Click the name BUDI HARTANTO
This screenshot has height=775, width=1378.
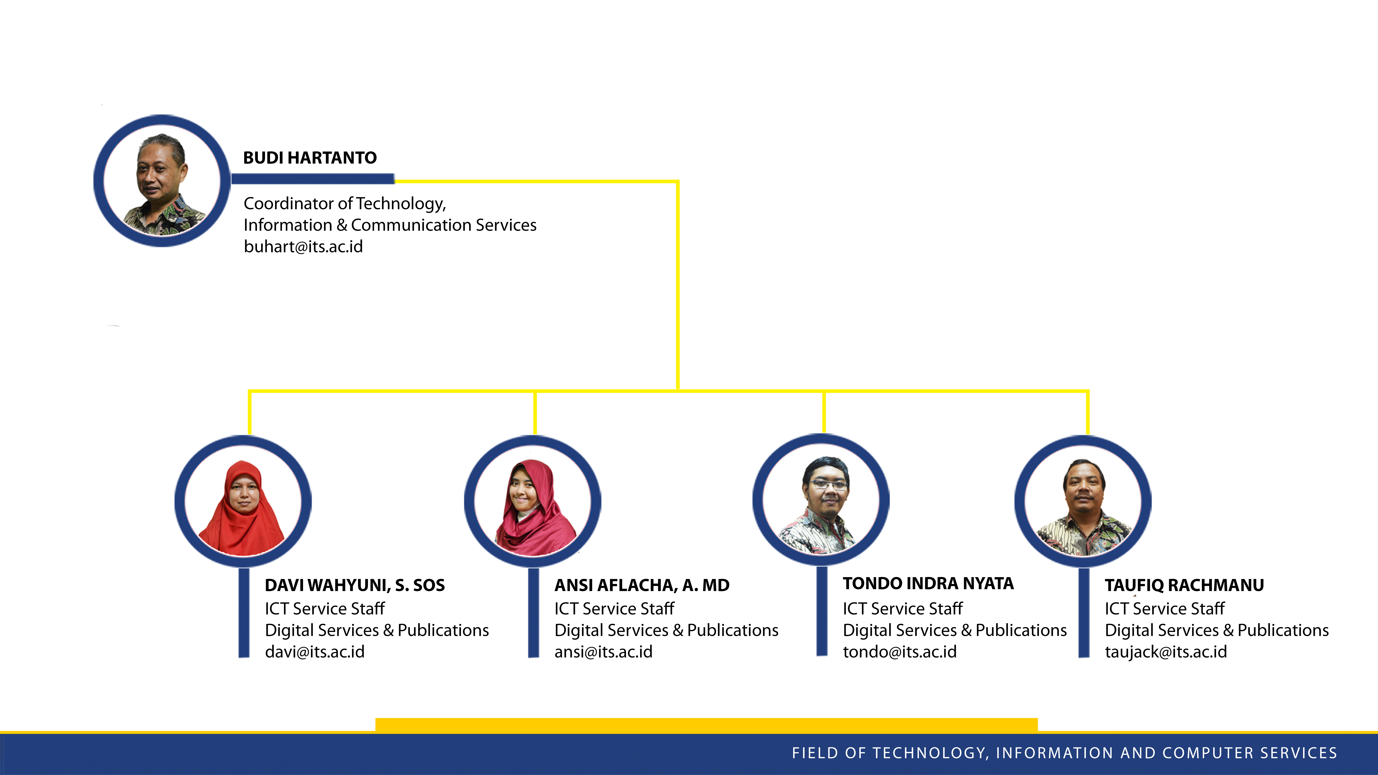point(310,158)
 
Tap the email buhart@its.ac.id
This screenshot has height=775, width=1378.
point(303,247)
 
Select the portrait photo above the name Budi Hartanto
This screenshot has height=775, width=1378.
point(162,181)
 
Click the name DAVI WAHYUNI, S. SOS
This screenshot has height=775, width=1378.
point(355,585)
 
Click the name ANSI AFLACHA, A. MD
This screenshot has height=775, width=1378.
point(642,585)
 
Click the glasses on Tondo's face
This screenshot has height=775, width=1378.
point(828,485)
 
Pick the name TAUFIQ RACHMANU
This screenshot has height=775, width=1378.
point(1184,585)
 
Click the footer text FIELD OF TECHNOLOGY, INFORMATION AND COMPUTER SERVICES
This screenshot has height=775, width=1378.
point(1064,753)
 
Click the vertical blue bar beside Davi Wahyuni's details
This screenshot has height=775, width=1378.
point(244,613)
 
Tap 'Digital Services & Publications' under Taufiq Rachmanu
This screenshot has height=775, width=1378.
point(1217,630)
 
